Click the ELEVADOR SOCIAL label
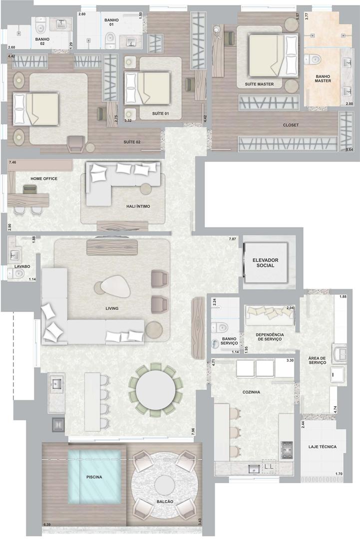tap(265, 263)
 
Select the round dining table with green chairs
tap(157, 390)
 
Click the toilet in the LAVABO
tap(16, 274)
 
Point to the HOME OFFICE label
tap(44, 179)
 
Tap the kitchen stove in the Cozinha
tap(287, 450)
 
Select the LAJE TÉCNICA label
tap(322, 447)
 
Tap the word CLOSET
tap(291, 125)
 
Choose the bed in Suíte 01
tap(147, 88)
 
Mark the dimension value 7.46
tap(12, 162)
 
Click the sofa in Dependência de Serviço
tap(270, 315)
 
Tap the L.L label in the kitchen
tap(269, 467)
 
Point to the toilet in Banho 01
tap(110, 39)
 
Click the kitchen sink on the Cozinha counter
tap(254, 468)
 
